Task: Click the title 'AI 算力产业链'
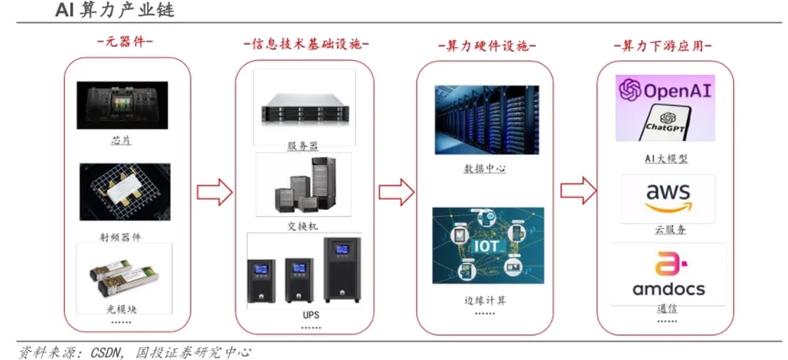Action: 103,12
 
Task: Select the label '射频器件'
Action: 121,237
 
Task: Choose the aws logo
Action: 668,198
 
